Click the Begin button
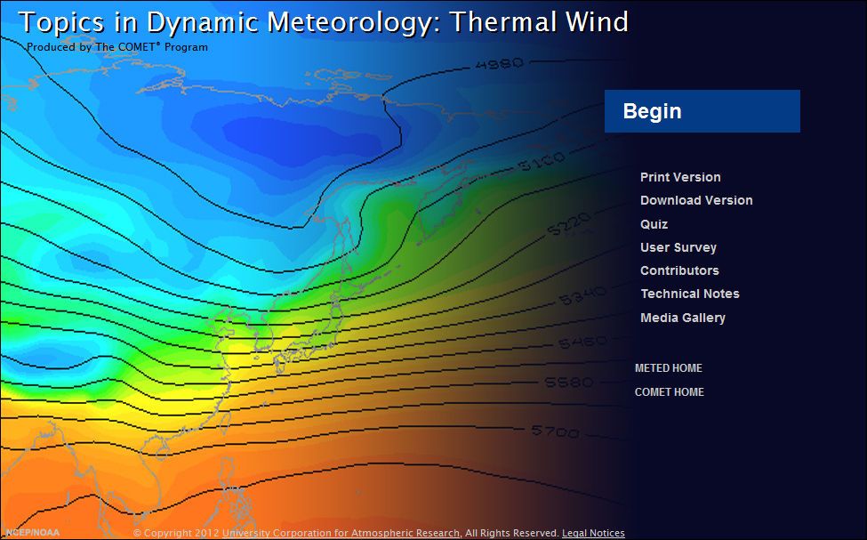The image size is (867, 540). click(x=702, y=111)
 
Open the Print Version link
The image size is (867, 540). click(x=680, y=177)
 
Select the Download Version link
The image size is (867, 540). click(x=696, y=200)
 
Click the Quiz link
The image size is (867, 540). click(x=654, y=224)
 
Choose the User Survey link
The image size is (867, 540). click(x=678, y=247)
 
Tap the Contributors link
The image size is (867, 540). click(x=679, y=270)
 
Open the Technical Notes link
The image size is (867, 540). click(x=689, y=294)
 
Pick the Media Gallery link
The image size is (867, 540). click(x=682, y=318)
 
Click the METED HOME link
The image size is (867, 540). click(x=668, y=368)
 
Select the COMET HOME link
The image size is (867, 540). click(x=669, y=392)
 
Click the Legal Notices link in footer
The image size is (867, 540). click(x=593, y=533)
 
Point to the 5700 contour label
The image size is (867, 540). click(x=556, y=431)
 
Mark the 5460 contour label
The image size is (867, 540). click(x=582, y=342)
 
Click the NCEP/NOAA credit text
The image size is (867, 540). click(x=32, y=532)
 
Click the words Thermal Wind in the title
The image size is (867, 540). click(x=539, y=21)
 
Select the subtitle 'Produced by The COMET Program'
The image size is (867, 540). click(x=116, y=47)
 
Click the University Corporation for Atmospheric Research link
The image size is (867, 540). click(x=341, y=533)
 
